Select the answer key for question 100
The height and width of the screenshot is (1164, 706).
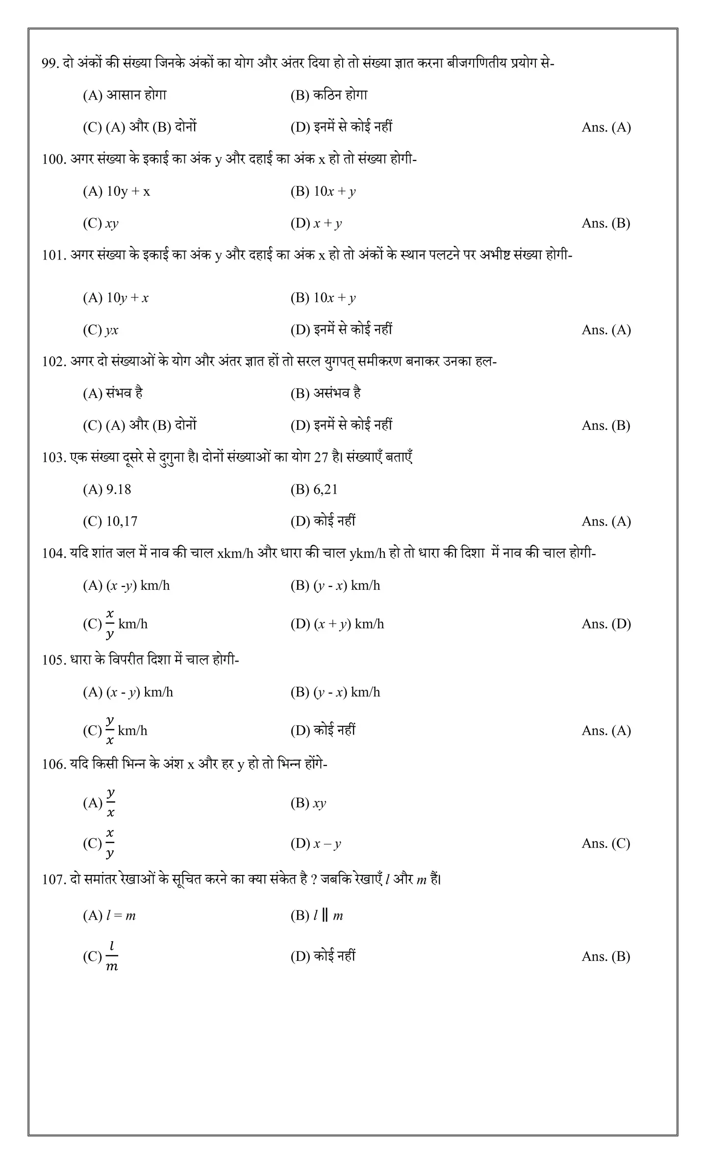click(605, 223)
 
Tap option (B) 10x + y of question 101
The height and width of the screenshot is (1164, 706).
click(323, 298)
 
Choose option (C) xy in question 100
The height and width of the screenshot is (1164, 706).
click(101, 224)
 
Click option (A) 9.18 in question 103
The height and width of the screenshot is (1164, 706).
click(107, 490)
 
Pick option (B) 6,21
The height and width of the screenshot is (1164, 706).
click(314, 490)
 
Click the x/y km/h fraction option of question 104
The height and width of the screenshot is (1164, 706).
click(115, 624)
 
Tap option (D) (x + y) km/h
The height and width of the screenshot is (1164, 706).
click(337, 624)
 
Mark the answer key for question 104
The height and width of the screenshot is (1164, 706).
click(606, 624)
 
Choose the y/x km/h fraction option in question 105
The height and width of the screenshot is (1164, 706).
click(115, 731)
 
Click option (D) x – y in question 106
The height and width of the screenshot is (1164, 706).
click(315, 844)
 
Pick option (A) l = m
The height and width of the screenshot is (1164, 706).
click(109, 915)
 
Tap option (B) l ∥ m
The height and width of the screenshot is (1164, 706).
click(316, 915)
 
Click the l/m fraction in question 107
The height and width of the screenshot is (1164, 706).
click(111, 956)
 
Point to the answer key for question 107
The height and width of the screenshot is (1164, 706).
click(605, 956)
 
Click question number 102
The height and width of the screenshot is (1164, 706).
click(53, 362)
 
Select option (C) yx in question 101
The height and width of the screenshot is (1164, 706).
click(101, 330)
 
